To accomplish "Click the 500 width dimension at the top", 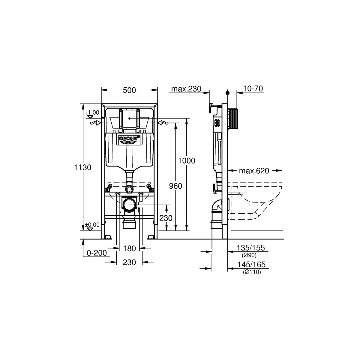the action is [x=129, y=90].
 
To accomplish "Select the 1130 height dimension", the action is [x=82, y=167].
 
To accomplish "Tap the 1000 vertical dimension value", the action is [x=186, y=161].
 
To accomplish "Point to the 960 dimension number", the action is [x=175, y=186].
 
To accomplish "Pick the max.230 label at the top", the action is [x=186, y=89].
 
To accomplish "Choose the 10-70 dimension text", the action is [x=253, y=88].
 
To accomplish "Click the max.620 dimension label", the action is [x=254, y=171].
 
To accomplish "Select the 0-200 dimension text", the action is [x=97, y=253].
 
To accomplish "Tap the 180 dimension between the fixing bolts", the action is [x=130, y=248].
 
